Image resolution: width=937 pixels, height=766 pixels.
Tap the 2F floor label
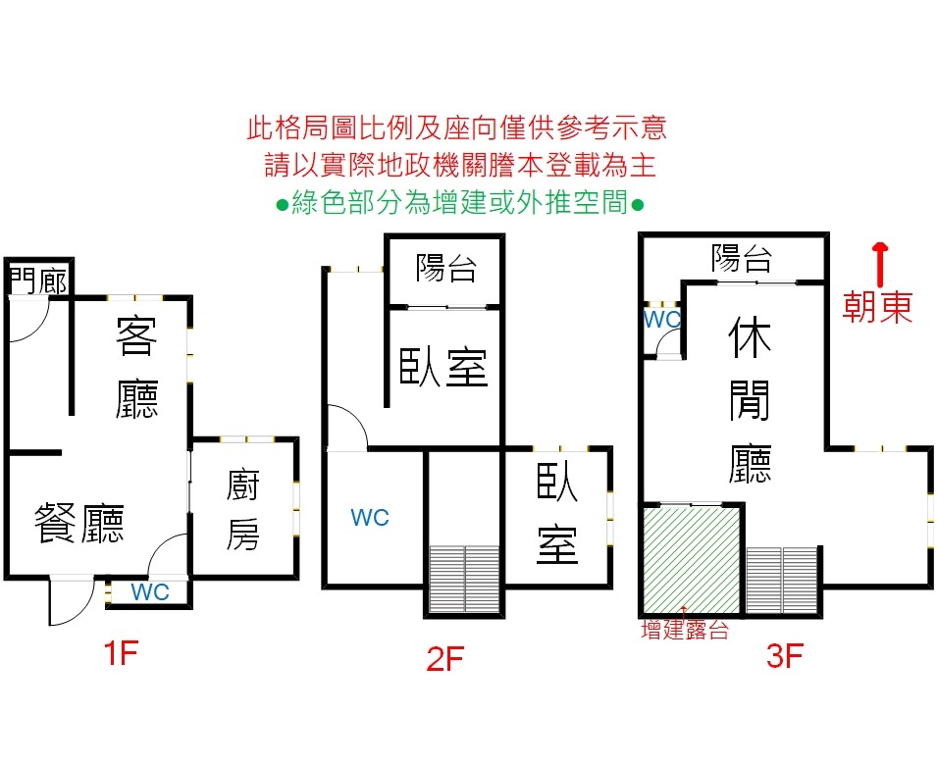[x=444, y=660]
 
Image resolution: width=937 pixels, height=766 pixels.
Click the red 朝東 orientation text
[x=878, y=307]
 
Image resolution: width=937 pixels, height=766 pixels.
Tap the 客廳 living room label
[x=137, y=366]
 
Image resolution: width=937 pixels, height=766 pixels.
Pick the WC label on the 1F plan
[x=150, y=591]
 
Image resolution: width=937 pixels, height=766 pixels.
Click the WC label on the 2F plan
[x=370, y=517]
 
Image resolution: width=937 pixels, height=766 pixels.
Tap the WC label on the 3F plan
[x=662, y=320]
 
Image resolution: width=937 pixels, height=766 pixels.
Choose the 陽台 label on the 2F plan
[x=446, y=268]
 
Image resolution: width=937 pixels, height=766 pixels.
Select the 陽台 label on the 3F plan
[x=742, y=258]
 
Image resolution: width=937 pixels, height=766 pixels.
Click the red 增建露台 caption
[x=685, y=631]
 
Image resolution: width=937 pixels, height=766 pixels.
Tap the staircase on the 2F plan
[x=465, y=579]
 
